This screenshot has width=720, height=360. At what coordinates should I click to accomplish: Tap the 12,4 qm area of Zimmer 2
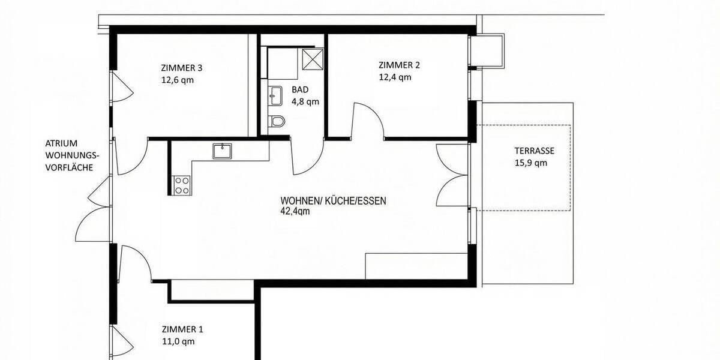tap(394, 77)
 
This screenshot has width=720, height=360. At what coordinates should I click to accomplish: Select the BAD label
tap(300, 89)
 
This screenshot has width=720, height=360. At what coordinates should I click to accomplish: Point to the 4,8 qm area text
tap(305, 101)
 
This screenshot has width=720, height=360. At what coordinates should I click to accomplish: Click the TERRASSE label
tap(534, 151)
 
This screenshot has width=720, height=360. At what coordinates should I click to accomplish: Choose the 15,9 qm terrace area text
tap(531, 163)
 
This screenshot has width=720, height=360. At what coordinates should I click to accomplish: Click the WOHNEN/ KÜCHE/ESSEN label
tap(333, 201)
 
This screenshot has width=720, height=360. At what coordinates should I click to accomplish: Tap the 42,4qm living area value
tap(295, 211)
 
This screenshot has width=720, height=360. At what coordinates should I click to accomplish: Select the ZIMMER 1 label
tap(182, 329)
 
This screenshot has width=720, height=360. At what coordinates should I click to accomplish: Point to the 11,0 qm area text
tap(178, 341)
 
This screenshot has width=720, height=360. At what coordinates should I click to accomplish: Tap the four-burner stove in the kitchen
tap(181, 185)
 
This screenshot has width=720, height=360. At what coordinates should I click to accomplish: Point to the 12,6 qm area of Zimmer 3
tap(178, 79)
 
